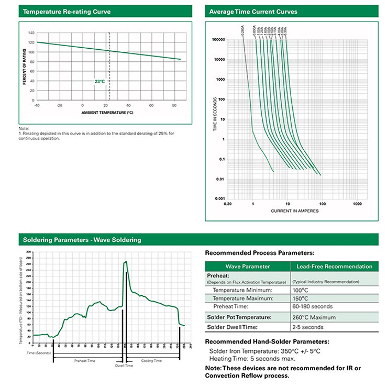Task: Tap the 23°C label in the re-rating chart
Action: tap(99, 82)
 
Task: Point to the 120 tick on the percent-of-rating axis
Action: tap(31, 42)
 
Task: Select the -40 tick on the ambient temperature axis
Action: tap(37, 105)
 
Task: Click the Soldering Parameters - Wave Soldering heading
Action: tap(82, 240)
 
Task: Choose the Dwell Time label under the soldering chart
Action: tap(124, 365)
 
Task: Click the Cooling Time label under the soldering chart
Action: tap(152, 361)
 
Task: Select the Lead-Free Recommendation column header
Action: tap(335, 267)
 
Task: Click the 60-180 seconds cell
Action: tap(312, 306)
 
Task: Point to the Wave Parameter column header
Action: tap(248, 267)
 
